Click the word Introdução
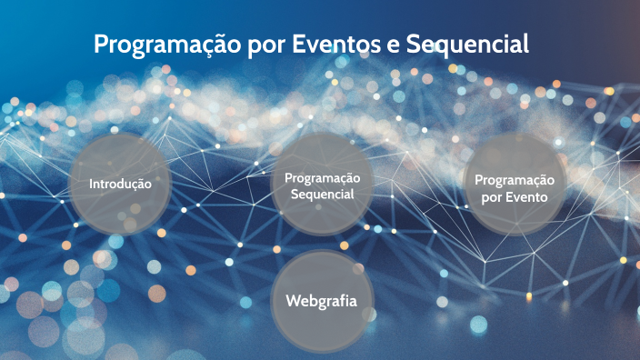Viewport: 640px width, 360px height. point(119,184)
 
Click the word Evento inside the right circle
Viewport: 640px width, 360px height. point(528,196)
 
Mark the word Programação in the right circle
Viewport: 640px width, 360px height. point(515,180)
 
